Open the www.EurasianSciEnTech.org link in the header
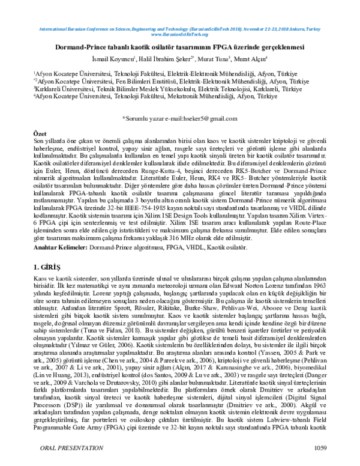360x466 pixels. coord(180,34)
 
